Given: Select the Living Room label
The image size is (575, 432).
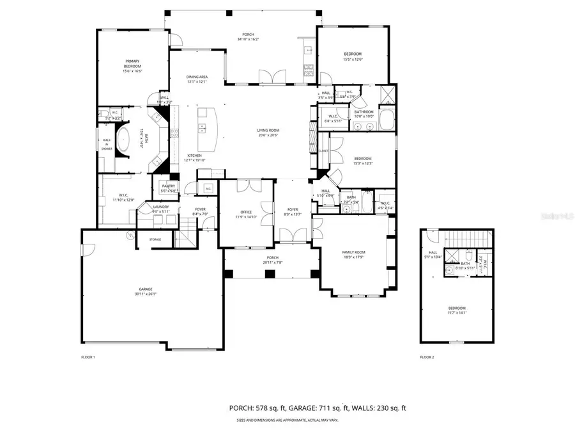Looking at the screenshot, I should (268, 130).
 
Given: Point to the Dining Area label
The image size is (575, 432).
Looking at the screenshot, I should (197, 77).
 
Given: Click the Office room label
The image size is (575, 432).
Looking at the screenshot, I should (246, 212).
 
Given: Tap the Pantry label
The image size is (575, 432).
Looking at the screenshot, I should (168, 186).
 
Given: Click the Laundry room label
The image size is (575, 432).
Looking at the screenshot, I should (160, 207).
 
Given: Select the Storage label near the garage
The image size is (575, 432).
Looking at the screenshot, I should (155, 239).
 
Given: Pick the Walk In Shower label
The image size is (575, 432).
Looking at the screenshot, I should (106, 145).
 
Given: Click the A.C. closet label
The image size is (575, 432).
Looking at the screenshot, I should (208, 189).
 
